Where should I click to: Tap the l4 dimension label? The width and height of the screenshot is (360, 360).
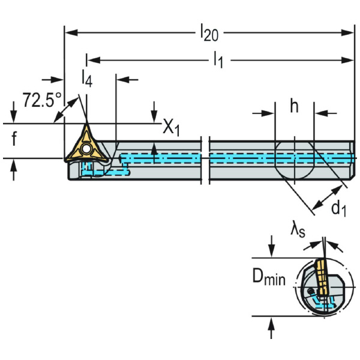tap(86, 78)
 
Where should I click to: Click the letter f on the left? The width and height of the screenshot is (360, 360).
tap(13, 140)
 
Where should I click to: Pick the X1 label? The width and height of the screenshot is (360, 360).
tap(171, 127)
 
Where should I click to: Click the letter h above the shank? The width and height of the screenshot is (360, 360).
tap(294, 106)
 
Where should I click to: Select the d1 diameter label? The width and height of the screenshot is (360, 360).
tap(339, 208)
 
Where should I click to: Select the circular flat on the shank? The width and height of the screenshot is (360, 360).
tap(295, 160)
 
